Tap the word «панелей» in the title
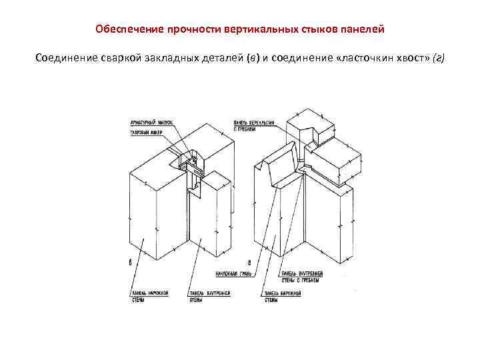coord(366,30)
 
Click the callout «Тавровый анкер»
coord(147,132)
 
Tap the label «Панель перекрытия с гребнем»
coord(251,126)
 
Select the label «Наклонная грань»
coord(231,274)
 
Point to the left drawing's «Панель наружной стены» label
coord(147,295)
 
